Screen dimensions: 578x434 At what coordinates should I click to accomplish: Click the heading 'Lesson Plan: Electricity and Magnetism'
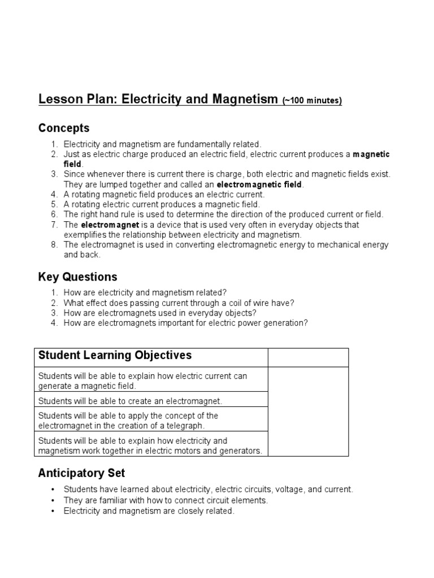(159, 100)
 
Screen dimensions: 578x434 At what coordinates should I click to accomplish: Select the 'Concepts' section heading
(64, 128)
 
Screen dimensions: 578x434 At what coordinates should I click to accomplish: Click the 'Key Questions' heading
(78, 277)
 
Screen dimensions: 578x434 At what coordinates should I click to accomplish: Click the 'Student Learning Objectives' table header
(115, 355)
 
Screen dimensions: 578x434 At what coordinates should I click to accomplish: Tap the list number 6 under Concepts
(54, 214)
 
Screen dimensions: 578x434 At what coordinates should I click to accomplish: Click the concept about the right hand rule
(223, 214)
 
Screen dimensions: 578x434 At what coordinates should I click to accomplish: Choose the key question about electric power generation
(185, 323)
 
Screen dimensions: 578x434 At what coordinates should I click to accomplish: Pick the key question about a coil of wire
(179, 303)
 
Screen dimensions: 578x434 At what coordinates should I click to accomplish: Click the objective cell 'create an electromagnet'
(130, 401)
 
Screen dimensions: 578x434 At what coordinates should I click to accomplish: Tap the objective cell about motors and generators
(150, 445)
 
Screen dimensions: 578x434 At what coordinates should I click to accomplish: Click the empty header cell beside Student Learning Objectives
(308, 357)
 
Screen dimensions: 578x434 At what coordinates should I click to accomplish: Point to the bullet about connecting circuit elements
(166, 500)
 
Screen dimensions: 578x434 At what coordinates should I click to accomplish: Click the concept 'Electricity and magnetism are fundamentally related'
(162, 144)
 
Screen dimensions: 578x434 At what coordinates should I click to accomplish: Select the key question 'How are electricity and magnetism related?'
(145, 292)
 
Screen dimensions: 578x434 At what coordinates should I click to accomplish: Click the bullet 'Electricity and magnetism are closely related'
(149, 510)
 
